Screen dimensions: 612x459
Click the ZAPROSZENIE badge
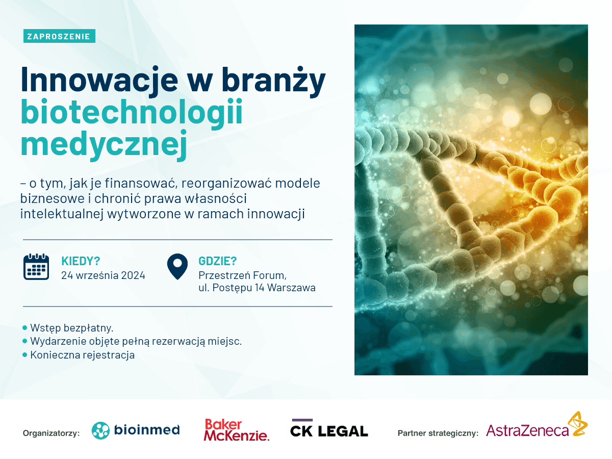59,36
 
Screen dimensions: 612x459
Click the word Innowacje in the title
99,80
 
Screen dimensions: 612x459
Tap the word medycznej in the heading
104,145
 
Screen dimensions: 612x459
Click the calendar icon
36,266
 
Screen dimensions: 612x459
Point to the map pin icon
177,266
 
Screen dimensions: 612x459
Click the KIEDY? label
81,261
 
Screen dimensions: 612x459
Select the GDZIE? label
217,261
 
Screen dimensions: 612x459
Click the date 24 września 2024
103,275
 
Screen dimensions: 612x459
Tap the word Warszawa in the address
291,288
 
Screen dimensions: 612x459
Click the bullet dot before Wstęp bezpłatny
25,328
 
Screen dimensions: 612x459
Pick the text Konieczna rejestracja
83,355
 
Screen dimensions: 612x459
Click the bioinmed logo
136,430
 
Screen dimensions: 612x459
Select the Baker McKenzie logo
237,430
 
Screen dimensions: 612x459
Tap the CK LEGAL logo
329,428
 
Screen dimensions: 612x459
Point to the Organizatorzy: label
52,433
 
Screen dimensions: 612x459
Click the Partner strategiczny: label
438,433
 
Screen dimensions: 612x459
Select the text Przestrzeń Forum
243,275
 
